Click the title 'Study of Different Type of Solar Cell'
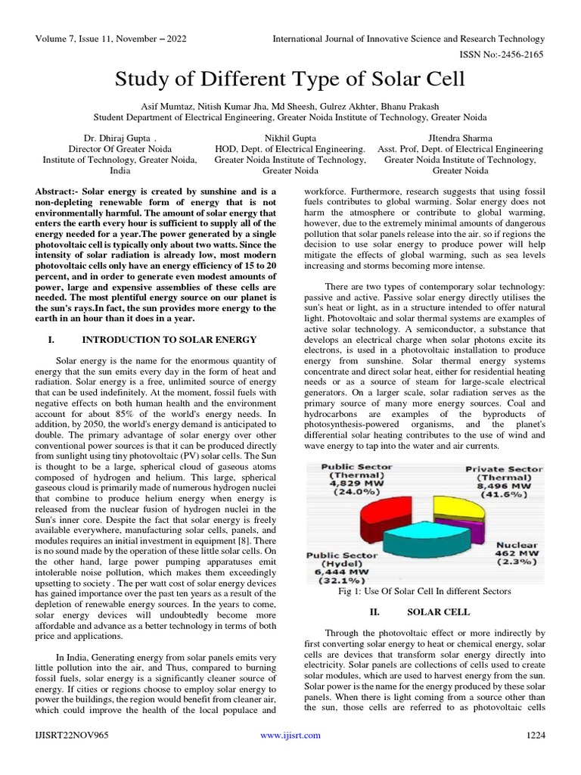[290, 79]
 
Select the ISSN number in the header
[498, 55]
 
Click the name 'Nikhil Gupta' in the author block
[290, 139]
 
